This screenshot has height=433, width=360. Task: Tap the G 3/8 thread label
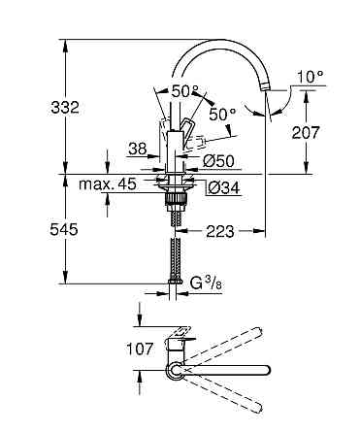(206, 283)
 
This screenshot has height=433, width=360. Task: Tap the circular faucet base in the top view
(176, 370)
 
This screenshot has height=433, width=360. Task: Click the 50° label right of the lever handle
(222, 115)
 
